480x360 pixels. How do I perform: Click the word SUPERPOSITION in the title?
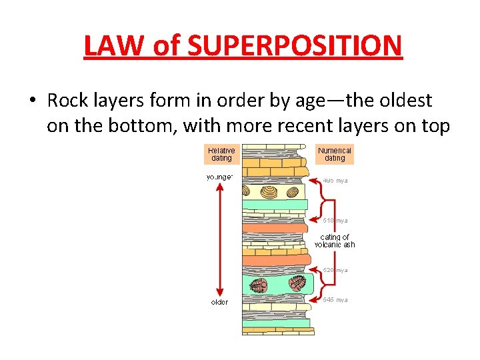tap(296, 45)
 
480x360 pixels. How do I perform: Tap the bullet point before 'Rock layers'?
tap(32, 101)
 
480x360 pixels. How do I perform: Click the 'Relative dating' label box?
tap(221, 154)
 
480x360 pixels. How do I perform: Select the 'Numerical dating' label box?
tap(335, 154)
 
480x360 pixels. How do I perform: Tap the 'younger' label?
tap(219, 177)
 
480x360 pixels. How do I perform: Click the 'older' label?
tap(219, 302)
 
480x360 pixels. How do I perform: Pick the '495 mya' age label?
tap(335, 181)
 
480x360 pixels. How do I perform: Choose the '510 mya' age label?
tap(335, 220)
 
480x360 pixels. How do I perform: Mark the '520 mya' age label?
tap(335, 270)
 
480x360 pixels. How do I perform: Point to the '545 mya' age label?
tap(335, 300)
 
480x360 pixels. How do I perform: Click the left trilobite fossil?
tap(259, 285)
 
